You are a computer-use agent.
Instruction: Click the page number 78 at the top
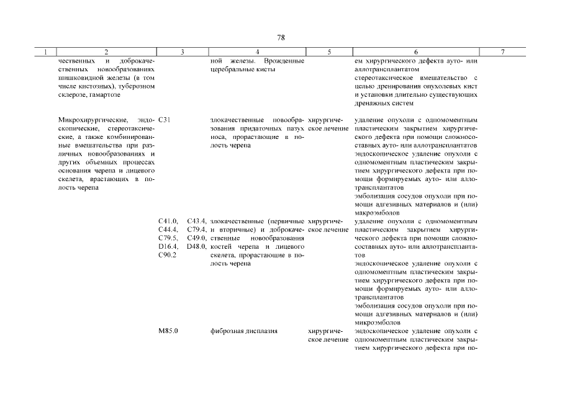click(x=281, y=38)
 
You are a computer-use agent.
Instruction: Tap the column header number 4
click(x=257, y=53)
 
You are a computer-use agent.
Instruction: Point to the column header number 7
click(x=502, y=53)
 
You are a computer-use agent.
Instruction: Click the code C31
click(x=165, y=119)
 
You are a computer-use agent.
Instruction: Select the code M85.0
click(x=169, y=331)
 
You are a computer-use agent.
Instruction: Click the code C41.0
click(x=168, y=221)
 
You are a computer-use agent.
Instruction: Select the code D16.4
click(x=168, y=246)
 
